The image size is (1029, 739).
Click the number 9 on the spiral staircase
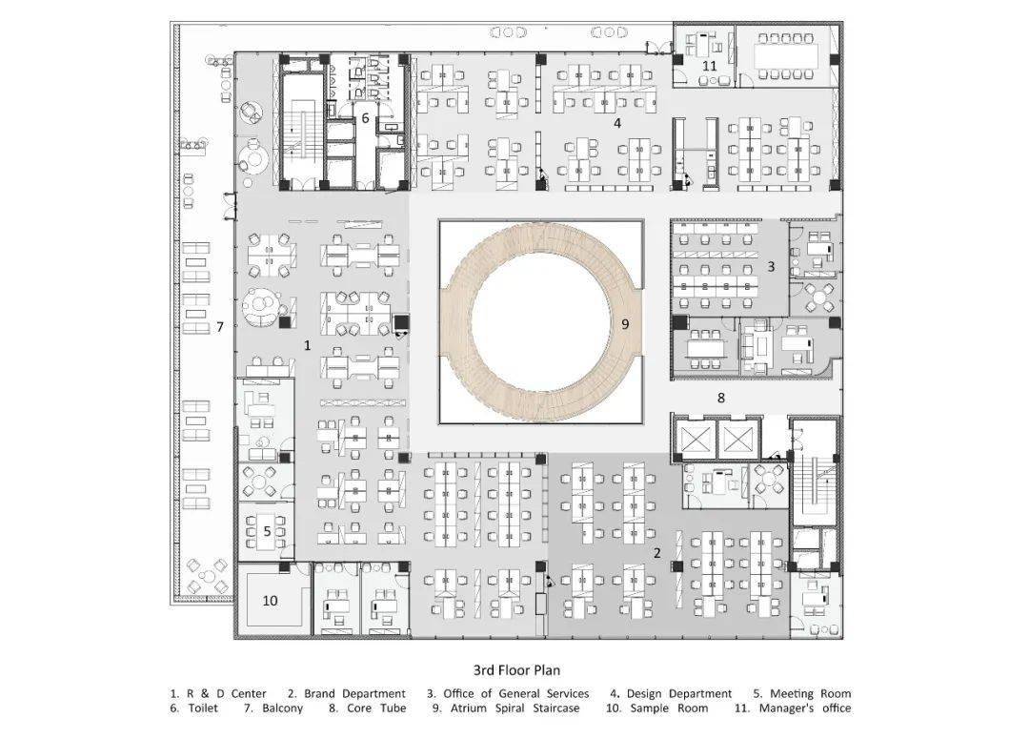625,324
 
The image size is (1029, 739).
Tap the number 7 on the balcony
220,326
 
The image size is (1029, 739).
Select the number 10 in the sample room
271,601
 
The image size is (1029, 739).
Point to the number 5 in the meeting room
267,531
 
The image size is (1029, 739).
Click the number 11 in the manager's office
710,66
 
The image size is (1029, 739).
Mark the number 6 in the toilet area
366,118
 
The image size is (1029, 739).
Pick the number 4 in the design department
616,123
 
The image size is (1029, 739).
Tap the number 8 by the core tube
721,398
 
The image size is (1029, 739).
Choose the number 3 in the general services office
771,267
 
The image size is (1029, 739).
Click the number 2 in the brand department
656,553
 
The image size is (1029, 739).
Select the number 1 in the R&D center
307,345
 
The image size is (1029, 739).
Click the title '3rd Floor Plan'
516,670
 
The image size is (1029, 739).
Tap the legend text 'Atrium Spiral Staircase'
515,708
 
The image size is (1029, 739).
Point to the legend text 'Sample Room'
670,708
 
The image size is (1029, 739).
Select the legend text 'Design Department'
679,693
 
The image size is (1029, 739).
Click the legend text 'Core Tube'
376,708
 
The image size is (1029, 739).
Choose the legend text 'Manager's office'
805,708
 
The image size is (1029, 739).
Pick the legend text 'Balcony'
283,708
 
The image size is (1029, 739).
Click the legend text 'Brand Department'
355,693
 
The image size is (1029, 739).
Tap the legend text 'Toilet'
203,708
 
